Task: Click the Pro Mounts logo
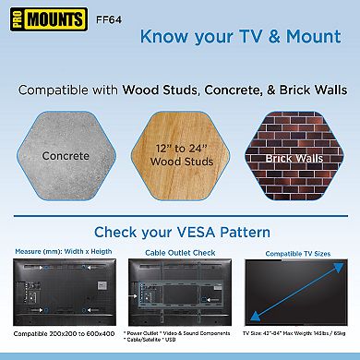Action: tap(32, 17)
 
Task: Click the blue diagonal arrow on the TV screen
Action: tap(297, 292)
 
